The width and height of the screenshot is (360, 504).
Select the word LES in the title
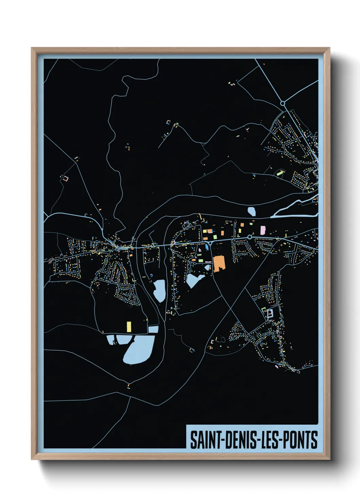[268, 440]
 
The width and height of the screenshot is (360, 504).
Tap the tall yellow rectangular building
[129, 327]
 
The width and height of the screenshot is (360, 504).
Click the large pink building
[263, 230]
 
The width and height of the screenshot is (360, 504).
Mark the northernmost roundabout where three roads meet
[282, 103]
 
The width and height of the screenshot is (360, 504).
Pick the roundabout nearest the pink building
[250, 237]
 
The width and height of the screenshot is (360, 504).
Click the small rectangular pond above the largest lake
[153, 329]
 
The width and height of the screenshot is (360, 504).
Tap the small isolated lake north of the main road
[252, 211]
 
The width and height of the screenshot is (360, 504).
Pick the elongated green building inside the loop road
[280, 173]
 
